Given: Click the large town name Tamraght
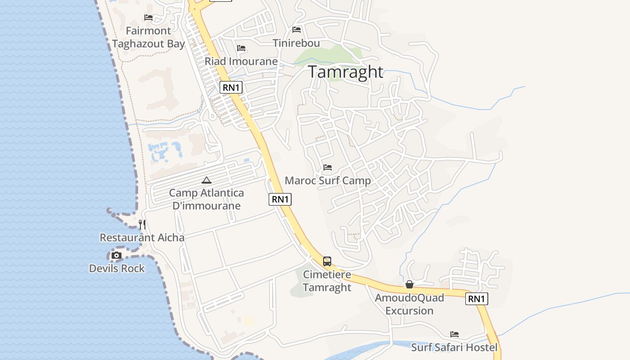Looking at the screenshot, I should pos(346,72).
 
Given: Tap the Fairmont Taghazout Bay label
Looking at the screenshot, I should pos(148,37).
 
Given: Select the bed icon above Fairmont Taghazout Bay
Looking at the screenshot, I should pos(148,18).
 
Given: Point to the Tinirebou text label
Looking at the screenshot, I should pos(297,43).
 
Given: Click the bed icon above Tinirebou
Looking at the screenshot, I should pos(297,30).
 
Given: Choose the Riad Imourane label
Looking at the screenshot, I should pos(241,61).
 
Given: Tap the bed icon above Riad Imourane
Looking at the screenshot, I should pos(241,48).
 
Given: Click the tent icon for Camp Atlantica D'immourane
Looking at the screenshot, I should pos(207,180).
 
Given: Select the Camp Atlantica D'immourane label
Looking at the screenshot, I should pos(207,199).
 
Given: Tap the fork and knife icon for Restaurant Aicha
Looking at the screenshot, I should pos(142,224).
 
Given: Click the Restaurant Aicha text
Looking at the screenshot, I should pos(142,238).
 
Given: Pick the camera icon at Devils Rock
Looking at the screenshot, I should pos(117,256).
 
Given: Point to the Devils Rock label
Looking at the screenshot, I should pos(117,269).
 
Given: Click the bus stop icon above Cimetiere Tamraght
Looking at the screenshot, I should pos(327,261).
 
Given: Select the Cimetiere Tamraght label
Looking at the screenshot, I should pos(327,281).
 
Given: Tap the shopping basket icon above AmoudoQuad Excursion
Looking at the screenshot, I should pos(409,284).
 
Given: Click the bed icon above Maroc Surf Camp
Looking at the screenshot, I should pos(328,167).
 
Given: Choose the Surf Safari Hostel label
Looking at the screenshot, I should pos(454,347).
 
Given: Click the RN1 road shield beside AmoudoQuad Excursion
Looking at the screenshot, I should pos(477,299).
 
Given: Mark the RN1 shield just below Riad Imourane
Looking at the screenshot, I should pos(231,87).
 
